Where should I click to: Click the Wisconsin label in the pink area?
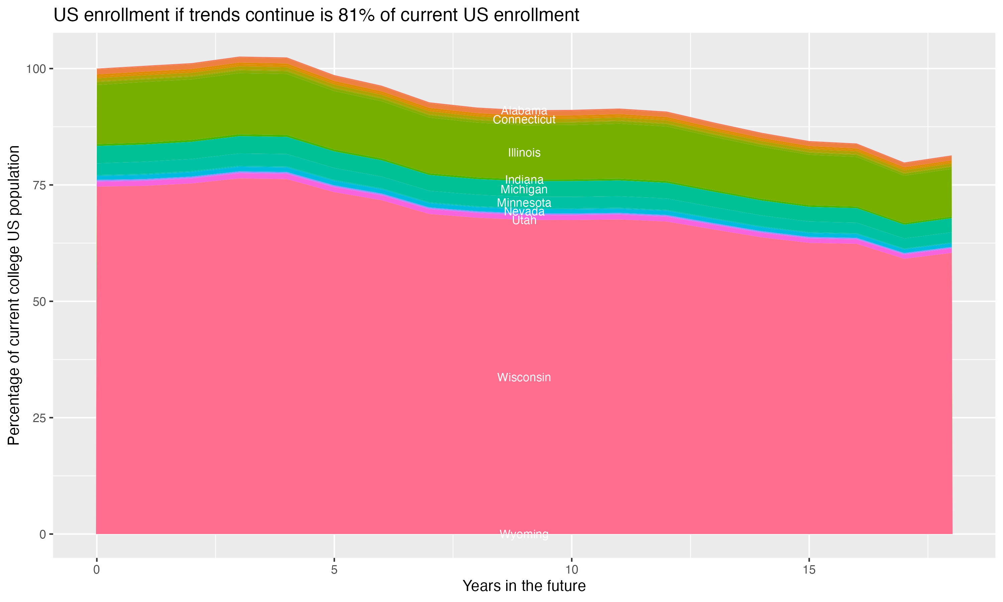pyautogui.click(x=524, y=377)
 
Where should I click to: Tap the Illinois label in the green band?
pyautogui.click(x=524, y=153)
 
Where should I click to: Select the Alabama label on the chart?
pyautogui.click(x=524, y=110)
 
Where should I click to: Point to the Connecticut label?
pyautogui.click(x=524, y=120)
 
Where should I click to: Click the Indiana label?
pyautogui.click(x=524, y=179)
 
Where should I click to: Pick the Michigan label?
pyautogui.click(x=524, y=189)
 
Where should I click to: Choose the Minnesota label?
pyautogui.click(x=524, y=202)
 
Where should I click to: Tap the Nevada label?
pyautogui.click(x=524, y=211)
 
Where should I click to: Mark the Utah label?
pyautogui.click(x=524, y=220)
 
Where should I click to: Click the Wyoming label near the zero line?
pyautogui.click(x=524, y=534)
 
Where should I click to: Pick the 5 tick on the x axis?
pyautogui.click(x=334, y=570)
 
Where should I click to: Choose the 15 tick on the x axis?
pyautogui.click(x=809, y=570)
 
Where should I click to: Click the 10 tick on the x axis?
pyautogui.click(x=571, y=570)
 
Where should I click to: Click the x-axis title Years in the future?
pyautogui.click(x=524, y=586)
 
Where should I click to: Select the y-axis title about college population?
pyautogui.click(x=14, y=295)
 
